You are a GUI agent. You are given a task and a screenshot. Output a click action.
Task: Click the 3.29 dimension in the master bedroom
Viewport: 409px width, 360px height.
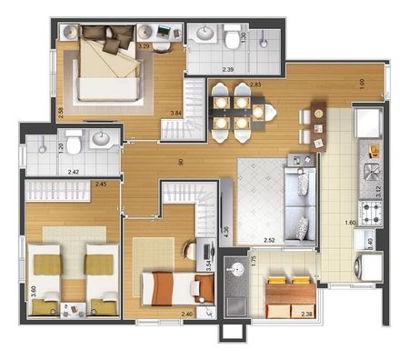tap(144, 45)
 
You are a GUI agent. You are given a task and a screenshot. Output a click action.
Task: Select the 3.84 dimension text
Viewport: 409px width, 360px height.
tap(176, 114)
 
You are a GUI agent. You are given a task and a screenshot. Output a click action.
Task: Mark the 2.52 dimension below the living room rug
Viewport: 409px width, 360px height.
tap(271, 241)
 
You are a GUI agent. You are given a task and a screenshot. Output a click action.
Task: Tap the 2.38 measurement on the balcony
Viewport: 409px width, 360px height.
tap(306, 315)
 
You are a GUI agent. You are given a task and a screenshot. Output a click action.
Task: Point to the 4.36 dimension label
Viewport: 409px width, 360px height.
tap(224, 232)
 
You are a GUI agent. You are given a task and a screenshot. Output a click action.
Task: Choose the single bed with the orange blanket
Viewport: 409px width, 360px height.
tap(175, 289)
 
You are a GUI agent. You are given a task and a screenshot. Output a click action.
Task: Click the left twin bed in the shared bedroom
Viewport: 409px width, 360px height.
tap(47, 270)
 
